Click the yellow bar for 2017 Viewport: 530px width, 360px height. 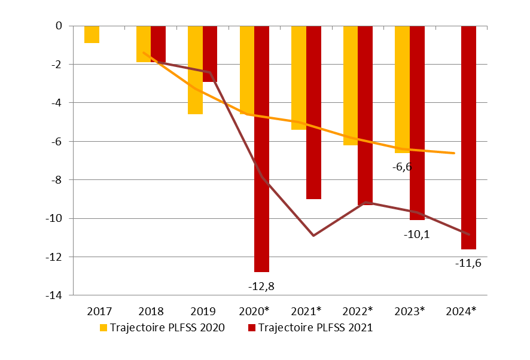coord(92,35)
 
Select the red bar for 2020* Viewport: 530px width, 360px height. coord(261,150)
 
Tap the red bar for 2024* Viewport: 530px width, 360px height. coord(468,138)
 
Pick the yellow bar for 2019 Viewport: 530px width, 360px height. coord(195,70)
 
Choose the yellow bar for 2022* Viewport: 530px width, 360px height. coord(350,86)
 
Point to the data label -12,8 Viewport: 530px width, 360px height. coord(261,286)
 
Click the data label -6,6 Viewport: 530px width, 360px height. coord(402,167)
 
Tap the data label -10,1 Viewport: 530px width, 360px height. coord(416,234)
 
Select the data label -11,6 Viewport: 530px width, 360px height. coord(468,263)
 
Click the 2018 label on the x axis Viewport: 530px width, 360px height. coord(151,312)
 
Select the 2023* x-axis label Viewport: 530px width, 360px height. coord(410,312)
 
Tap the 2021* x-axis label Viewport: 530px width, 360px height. coord(306,312)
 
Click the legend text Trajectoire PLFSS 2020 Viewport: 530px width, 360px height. coord(167,328)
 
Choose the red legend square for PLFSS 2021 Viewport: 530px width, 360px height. coord(251,328)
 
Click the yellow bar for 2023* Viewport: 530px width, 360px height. coord(402,90)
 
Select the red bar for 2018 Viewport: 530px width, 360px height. coord(158,44)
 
